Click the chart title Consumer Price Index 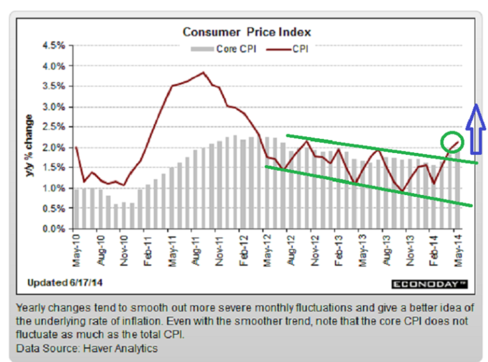pos(246,32)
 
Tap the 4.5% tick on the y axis pos(54,46)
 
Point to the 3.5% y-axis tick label pos(54,87)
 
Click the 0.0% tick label pos(54,229)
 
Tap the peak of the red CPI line pos(203,73)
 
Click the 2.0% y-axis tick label pos(54,148)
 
